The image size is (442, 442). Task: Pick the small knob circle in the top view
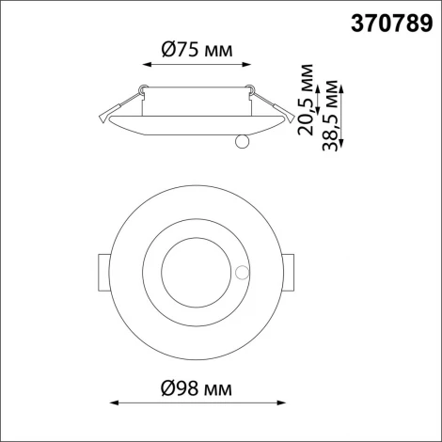(x=243, y=274)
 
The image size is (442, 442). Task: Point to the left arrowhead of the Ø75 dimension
(x=145, y=65)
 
